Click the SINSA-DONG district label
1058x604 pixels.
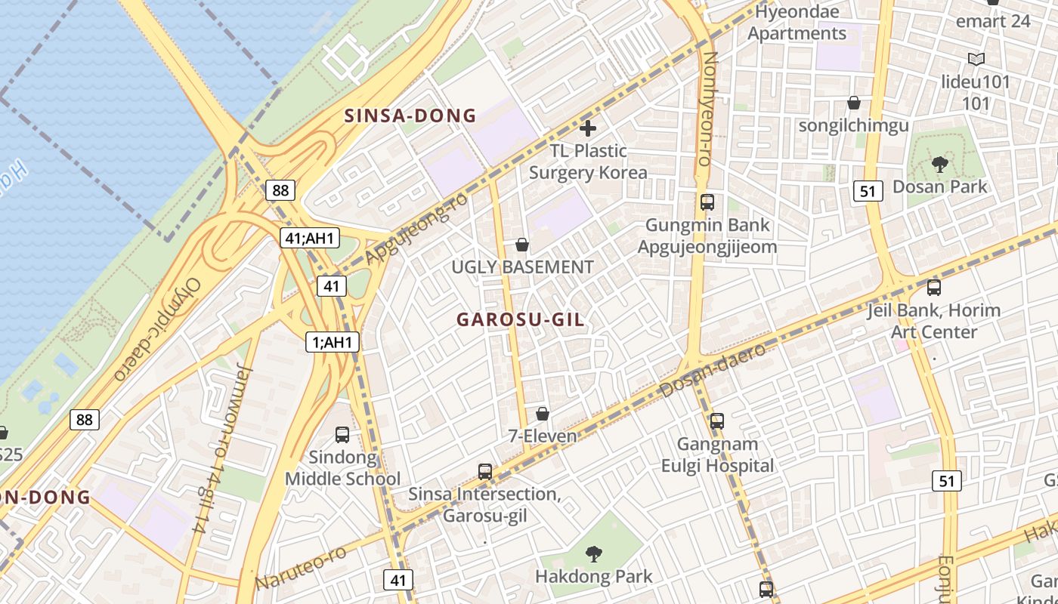[410, 116]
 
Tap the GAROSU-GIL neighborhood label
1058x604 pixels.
[520, 319]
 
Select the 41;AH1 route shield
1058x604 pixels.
[310, 239]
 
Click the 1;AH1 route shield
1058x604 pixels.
[333, 342]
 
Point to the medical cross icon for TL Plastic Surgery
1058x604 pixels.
[587, 128]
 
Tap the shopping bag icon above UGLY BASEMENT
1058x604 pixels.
[521, 245]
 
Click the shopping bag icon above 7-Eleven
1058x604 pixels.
[542, 414]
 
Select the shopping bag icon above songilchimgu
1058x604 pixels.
[854, 103]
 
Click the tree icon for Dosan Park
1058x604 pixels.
[940, 164]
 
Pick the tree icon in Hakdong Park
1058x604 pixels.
[594, 554]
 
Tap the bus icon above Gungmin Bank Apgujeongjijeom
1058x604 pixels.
[707, 202]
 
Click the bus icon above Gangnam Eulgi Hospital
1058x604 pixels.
[717, 421]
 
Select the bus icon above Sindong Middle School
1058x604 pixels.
[342, 434]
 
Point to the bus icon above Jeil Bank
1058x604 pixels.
[934, 288]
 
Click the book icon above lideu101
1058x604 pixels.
[976, 59]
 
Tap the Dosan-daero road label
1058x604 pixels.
[713, 368]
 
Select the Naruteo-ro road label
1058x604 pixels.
[301, 568]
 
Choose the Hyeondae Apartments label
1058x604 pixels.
[797, 23]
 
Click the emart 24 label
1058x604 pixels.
[993, 21]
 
